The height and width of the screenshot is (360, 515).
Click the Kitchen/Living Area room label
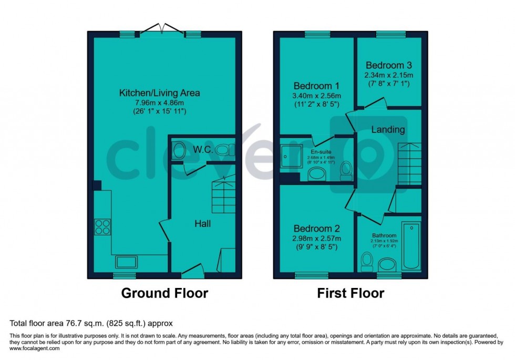(x=159, y=93)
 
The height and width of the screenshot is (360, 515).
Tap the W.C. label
(x=202, y=150)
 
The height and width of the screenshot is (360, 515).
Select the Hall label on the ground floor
(x=203, y=224)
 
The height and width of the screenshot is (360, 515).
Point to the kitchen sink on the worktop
(x=127, y=262)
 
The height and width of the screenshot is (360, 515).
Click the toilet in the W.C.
(x=179, y=150)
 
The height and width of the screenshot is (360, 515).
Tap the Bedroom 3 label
(x=389, y=66)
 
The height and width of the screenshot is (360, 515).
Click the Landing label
(x=388, y=129)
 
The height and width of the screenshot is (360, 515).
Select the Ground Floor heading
(x=164, y=293)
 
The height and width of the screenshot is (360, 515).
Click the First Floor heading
(x=351, y=293)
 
